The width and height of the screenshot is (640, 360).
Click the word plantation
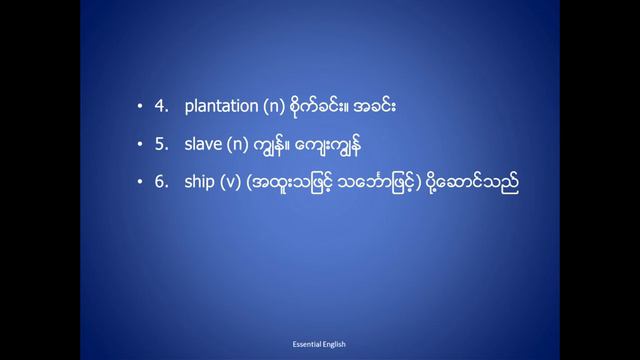click(221, 106)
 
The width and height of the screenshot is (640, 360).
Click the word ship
click(200, 184)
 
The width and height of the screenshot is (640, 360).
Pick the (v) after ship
click(232, 184)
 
